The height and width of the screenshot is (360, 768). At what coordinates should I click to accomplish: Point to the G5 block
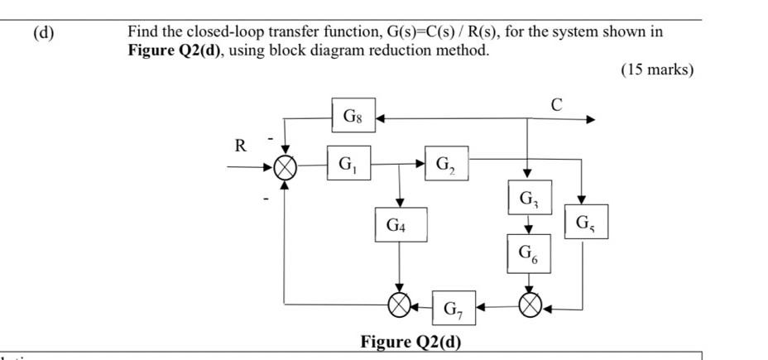586,223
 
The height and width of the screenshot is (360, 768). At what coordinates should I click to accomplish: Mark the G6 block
528,252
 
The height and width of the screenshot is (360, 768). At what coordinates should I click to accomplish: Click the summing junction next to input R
285,168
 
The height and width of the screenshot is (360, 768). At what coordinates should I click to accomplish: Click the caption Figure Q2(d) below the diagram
410,342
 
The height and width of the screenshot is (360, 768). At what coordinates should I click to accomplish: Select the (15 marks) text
657,70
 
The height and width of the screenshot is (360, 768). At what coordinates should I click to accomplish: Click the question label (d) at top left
44,33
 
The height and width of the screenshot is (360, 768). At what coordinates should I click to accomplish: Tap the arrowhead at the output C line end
590,120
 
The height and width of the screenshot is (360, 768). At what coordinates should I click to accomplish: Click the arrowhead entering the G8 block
382,120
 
